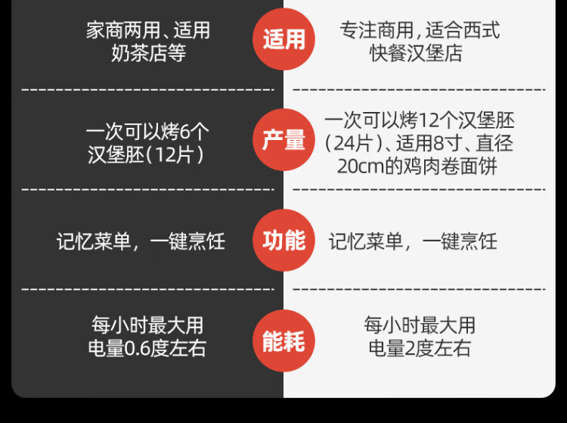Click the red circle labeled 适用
[x=283, y=39]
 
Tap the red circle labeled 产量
[x=283, y=140]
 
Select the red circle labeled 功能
[x=283, y=241]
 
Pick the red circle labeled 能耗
[x=283, y=341]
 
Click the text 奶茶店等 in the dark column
[x=148, y=54]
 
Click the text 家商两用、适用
[x=148, y=31]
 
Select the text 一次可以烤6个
[x=147, y=132]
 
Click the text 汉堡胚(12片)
[x=147, y=155]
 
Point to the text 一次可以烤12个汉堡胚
[x=420, y=121]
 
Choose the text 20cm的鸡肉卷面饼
[x=417, y=166]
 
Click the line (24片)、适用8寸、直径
[x=420, y=144]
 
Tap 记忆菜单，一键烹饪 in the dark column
[x=141, y=241]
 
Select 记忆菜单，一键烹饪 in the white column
[x=413, y=241]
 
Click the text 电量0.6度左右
[x=147, y=348]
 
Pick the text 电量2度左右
[x=420, y=348]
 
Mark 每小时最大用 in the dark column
[x=147, y=325]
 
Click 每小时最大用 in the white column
[x=420, y=325]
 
